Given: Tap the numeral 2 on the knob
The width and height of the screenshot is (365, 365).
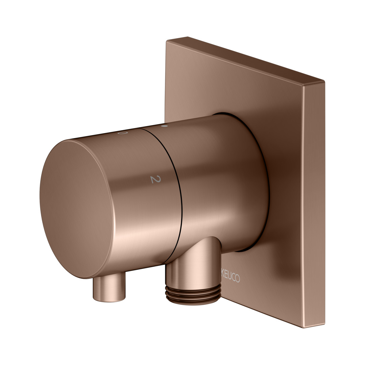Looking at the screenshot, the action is click(x=156, y=179).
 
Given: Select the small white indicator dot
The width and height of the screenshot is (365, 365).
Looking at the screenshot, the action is click(x=164, y=126).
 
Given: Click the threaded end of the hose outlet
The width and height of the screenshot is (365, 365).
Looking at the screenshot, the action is click(x=193, y=294).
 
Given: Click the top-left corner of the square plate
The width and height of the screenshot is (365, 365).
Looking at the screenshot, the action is click(x=166, y=41).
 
